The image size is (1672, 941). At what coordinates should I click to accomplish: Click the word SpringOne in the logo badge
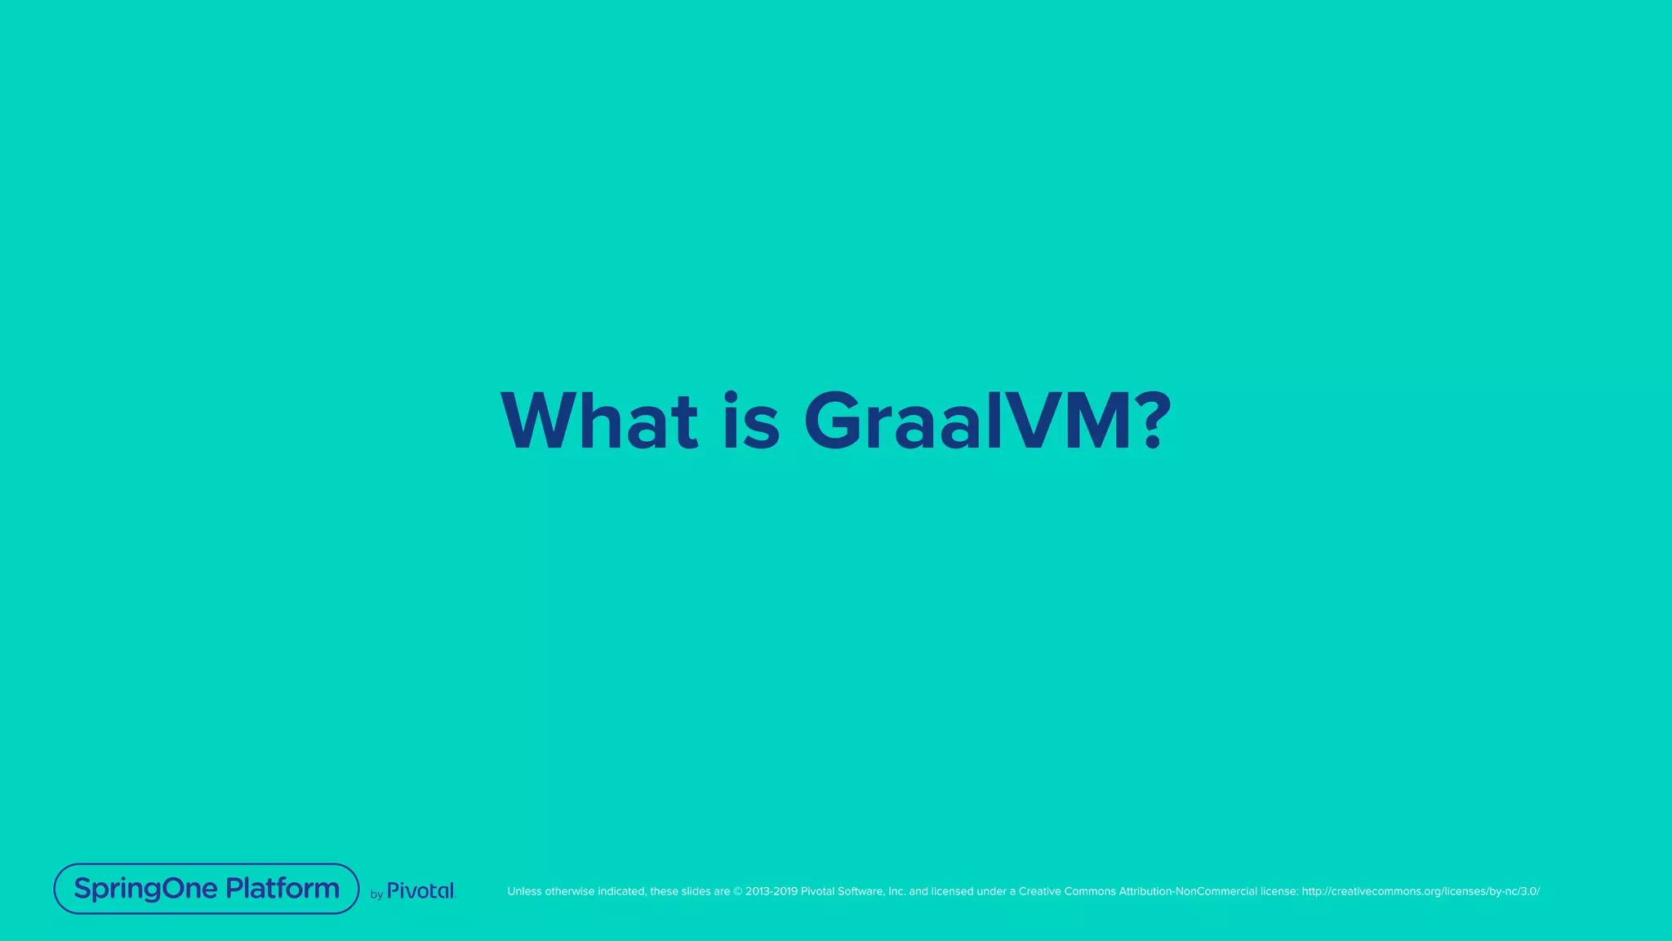(145, 889)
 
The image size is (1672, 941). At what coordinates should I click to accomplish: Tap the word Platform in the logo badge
(282, 889)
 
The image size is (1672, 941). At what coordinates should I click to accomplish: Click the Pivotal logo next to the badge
(420, 890)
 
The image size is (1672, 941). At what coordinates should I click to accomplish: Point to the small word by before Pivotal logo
(376, 894)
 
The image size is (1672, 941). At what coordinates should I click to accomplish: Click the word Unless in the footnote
(524, 891)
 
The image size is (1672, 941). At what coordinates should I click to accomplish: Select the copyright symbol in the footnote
(738, 891)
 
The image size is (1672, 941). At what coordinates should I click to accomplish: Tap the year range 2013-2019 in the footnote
(771, 891)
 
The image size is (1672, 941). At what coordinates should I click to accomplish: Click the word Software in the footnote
(860, 891)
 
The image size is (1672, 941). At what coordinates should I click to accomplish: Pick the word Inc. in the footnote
(896, 891)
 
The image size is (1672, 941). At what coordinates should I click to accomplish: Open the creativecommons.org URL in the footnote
(1421, 891)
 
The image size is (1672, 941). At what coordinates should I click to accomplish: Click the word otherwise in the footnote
(570, 891)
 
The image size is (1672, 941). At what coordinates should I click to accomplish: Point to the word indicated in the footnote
(622, 891)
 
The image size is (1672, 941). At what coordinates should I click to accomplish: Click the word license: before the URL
(1279, 891)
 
